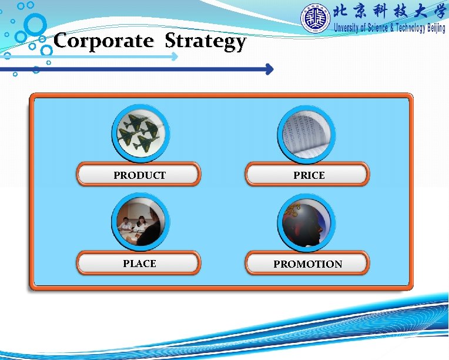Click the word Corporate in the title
coord(103,41)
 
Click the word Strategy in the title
coord(205,42)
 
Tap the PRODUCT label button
coord(139,175)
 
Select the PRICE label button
coord(308,175)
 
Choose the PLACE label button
coord(139,264)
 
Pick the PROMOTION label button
coord(307,264)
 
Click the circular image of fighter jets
coord(140,134)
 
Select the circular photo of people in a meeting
coord(140,222)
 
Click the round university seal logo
coord(316,19)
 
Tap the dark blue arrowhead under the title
coord(269,69)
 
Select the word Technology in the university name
coord(399,28)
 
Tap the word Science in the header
coord(376,28)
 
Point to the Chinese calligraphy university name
coord(389,12)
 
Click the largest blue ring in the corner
coord(35,25)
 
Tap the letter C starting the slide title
coord(61,41)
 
